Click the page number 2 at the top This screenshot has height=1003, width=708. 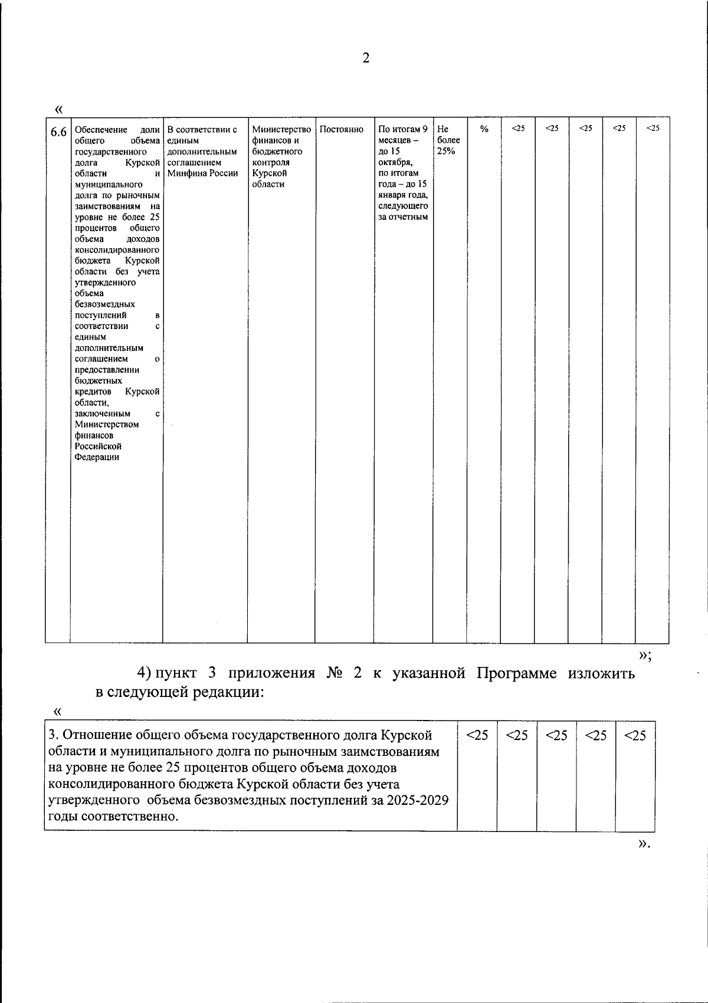(365, 58)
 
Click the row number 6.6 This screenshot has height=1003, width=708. (58, 132)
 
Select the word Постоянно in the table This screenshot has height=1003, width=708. (341, 129)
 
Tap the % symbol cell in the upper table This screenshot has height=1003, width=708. (484, 129)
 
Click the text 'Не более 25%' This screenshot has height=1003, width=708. (448, 140)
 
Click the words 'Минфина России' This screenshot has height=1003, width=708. (202, 173)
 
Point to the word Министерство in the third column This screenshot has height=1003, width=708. (281, 129)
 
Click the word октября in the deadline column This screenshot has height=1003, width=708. (395, 162)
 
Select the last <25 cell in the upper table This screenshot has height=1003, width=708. (653, 128)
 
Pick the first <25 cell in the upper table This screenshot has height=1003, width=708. (517, 128)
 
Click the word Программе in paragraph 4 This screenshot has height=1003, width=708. (516, 673)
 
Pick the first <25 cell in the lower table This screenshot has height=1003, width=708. (477, 735)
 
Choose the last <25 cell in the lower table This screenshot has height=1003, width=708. (635, 735)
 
